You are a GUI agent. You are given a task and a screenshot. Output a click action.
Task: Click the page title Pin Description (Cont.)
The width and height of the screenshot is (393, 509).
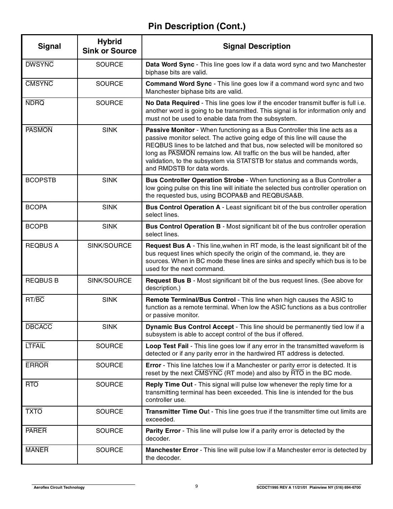click(x=196, y=26)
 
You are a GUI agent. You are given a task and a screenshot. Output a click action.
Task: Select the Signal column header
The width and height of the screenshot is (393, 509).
click(x=49, y=46)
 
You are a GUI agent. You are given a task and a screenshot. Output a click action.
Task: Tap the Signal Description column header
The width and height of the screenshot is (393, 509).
click(x=256, y=46)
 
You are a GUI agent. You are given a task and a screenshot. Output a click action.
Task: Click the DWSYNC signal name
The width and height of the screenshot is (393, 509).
click(x=39, y=64)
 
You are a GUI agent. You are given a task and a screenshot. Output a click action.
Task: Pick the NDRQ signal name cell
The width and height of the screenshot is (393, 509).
click(x=35, y=103)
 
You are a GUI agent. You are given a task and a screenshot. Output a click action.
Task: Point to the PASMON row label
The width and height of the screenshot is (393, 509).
click(x=39, y=130)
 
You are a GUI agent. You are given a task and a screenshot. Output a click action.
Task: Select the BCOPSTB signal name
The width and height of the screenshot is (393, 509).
click(x=41, y=180)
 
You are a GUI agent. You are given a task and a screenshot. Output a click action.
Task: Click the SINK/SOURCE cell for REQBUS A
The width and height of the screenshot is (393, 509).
click(x=110, y=246)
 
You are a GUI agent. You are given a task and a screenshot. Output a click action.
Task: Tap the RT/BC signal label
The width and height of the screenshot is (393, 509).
click(x=35, y=300)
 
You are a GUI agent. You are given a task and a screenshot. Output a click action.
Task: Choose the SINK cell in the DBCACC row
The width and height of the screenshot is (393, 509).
click(x=110, y=327)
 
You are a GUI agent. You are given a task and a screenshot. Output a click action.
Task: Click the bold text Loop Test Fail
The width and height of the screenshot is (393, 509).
click(x=167, y=346)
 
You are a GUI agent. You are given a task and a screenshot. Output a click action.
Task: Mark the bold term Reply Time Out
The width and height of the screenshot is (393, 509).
click(x=169, y=384)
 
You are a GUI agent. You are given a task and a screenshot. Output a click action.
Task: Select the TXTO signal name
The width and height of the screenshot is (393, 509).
click(x=34, y=411)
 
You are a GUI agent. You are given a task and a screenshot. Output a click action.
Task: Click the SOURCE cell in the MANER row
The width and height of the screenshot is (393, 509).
click(x=110, y=450)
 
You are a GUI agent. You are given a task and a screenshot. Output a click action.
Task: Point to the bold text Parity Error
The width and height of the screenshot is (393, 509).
click(x=163, y=431)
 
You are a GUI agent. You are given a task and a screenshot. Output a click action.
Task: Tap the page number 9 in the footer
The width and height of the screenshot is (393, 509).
click(x=197, y=487)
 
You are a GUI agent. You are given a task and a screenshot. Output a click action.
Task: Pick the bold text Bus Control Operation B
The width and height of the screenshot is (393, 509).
click(x=183, y=226)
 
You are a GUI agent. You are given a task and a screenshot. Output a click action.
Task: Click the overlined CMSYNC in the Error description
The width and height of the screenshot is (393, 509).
click(x=208, y=373)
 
